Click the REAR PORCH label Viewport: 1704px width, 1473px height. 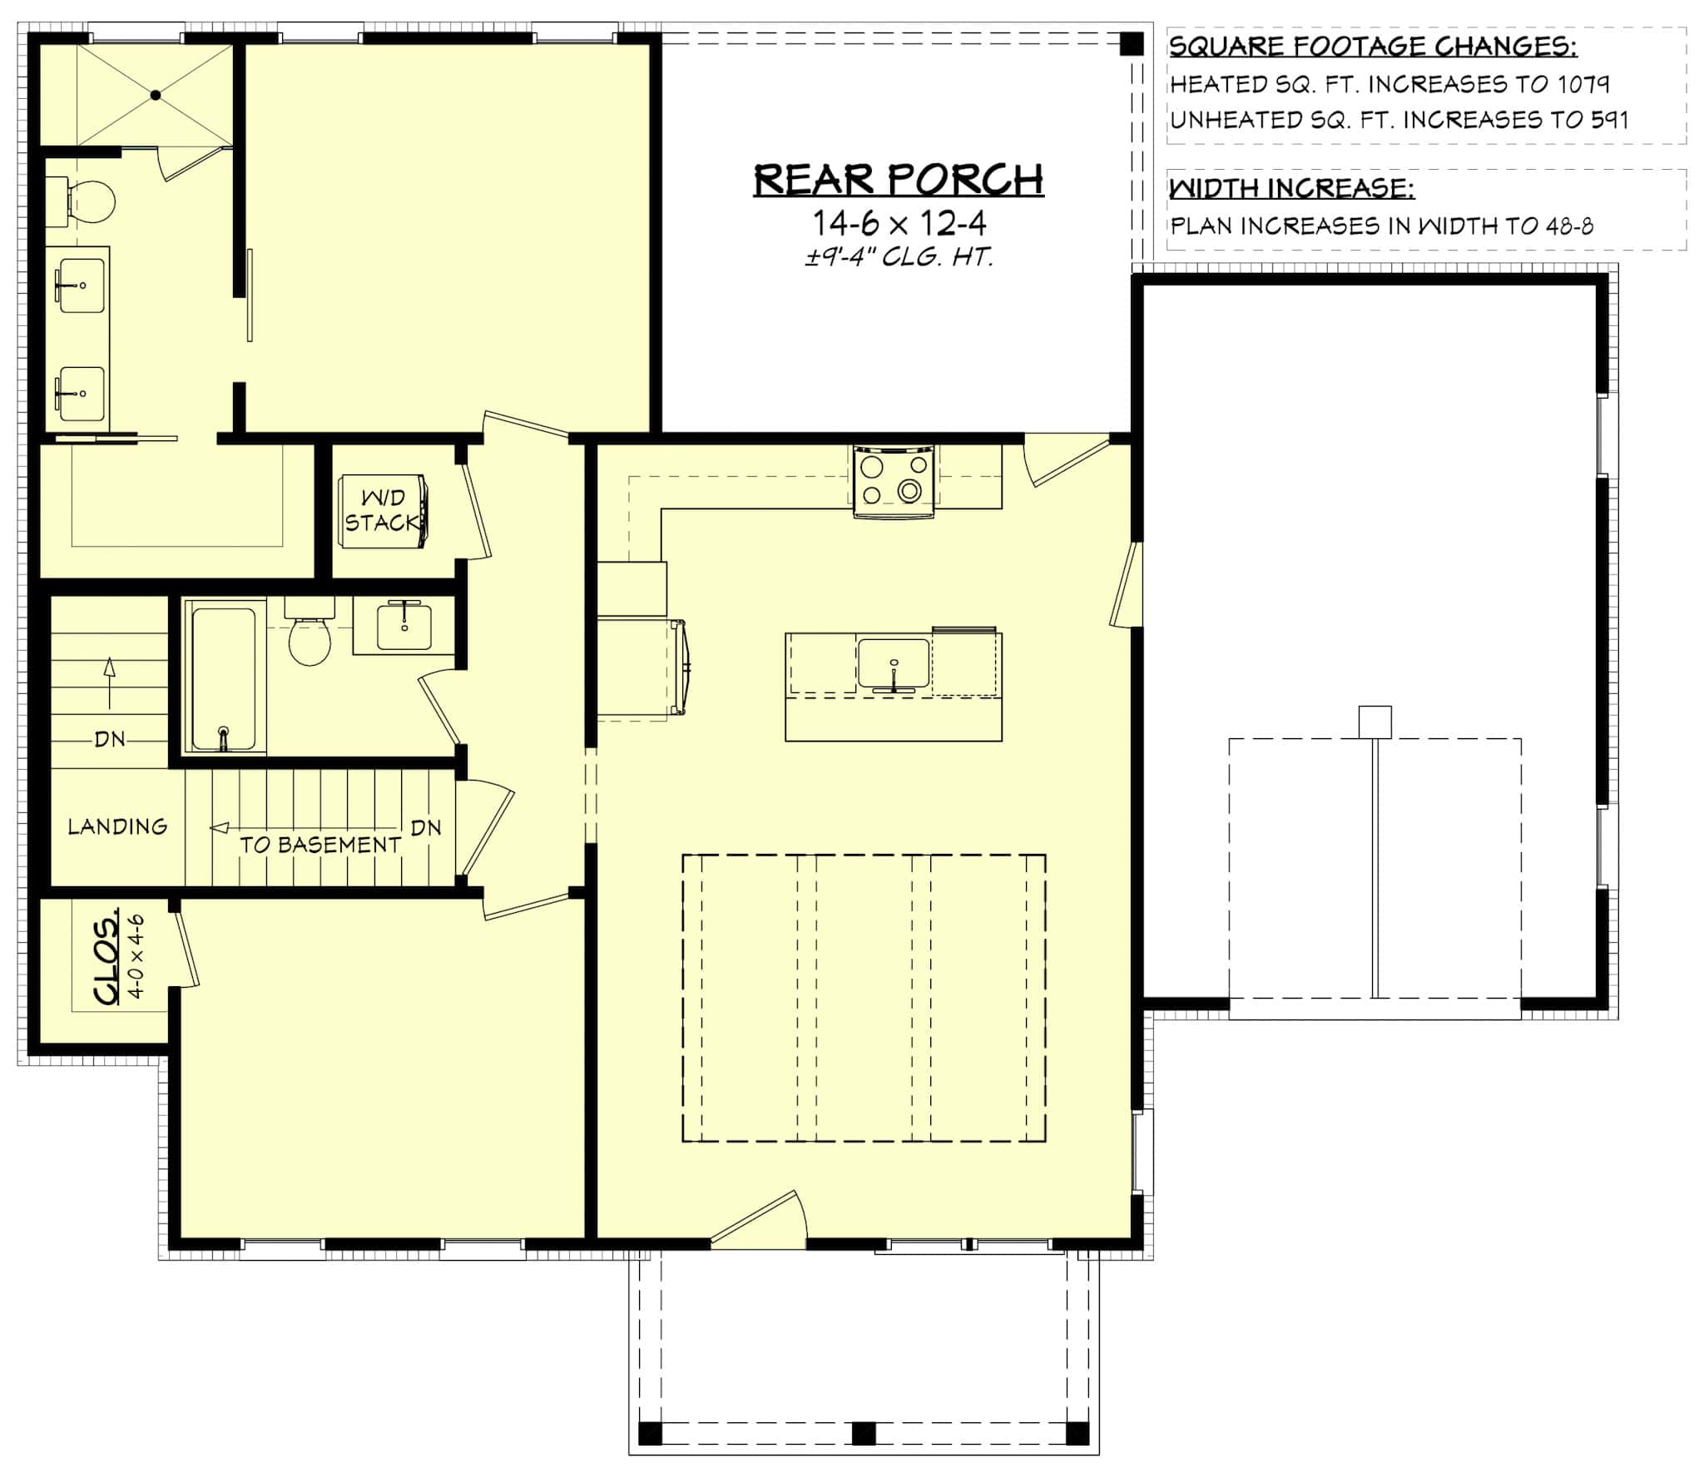pos(899,180)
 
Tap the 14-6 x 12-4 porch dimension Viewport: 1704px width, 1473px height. pos(899,223)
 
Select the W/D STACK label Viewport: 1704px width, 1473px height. pos(382,510)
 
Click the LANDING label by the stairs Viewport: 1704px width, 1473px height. pos(117,826)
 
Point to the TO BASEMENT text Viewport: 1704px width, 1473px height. pos(320,845)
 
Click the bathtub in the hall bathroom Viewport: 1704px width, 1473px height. pos(224,679)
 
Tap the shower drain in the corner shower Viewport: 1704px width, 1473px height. pos(156,96)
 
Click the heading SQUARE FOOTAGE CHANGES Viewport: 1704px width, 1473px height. pos(1373,47)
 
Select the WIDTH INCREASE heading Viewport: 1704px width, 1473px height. pos(1291,189)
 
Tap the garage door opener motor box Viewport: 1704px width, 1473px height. pos(1375,722)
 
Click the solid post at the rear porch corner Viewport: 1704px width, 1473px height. pos(1131,44)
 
